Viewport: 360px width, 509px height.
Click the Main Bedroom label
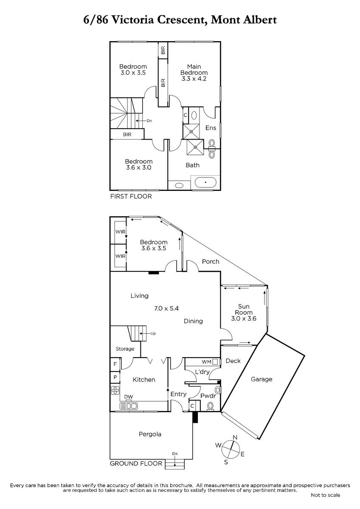click(x=194, y=70)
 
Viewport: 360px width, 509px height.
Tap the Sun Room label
click(x=244, y=309)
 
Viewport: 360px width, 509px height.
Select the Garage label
click(x=262, y=379)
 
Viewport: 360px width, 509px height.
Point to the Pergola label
click(x=150, y=434)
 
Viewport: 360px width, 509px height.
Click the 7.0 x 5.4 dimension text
click(x=166, y=308)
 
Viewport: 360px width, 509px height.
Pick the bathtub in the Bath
click(x=205, y=182)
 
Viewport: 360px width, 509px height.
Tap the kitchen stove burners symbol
click(x=115, y=390)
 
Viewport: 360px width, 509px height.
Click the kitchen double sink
click(x=129, y=406)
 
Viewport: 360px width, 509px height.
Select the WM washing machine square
click(x=215, y=361)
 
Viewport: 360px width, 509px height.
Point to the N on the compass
click(x=235, y=437)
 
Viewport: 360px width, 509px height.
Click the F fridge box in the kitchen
click(x=115, y=364)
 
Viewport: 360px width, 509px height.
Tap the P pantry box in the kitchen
click(x=115, y=378)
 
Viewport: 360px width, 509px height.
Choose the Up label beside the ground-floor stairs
click(x=153, y=333)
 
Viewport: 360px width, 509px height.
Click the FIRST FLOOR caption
click(x=131, y=196)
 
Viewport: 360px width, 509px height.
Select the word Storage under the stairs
click(x=125, y=349)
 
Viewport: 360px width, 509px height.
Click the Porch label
click(x=211, y=262)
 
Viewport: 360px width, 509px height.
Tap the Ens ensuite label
click(x=211, y=128)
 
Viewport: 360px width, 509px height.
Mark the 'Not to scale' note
click(x=326, y=495)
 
